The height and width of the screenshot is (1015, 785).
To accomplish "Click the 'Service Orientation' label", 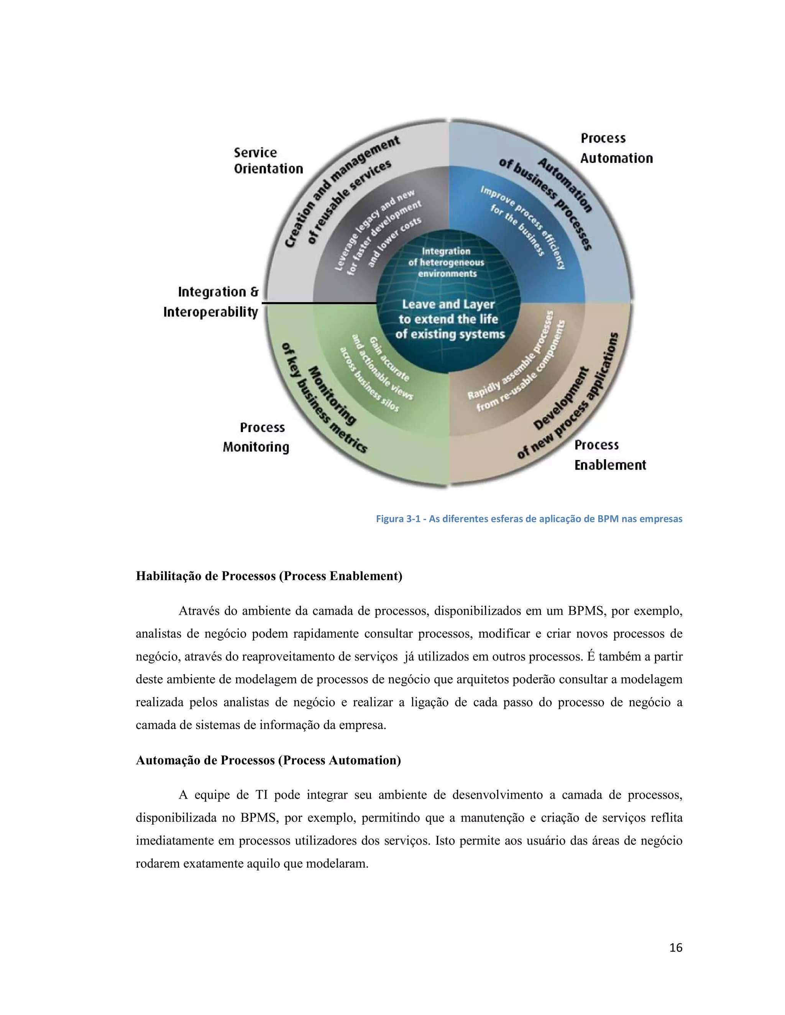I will pyautogui.click(x=268, y=160).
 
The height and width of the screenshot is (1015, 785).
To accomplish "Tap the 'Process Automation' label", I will pyautogui.click(x=616, y=148).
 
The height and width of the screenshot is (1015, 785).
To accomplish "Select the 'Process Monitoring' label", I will pyautogui.click(x=256, y=437).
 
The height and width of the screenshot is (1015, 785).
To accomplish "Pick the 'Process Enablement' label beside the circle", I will pyautogui.click(x=610, y=455).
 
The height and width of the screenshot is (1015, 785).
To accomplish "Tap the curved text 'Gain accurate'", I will pyautogui.click(x=390, y=360).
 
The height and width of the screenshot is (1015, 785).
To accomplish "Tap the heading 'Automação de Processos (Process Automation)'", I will pyautogui.click(x=268, y=760).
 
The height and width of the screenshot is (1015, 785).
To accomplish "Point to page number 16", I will pyautogui.click(x=675, y=948).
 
